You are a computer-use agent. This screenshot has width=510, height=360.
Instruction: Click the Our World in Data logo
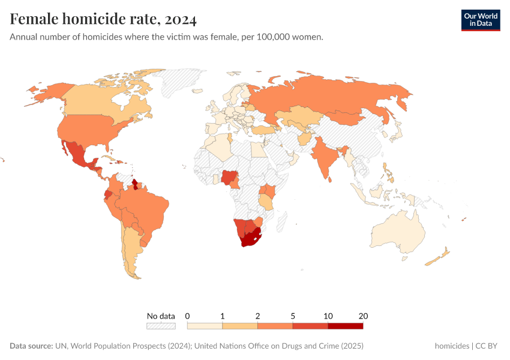tap(480, 20)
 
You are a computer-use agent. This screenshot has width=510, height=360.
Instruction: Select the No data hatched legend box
tap(161, 326)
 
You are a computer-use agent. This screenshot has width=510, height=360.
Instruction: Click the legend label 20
tap(362, 316)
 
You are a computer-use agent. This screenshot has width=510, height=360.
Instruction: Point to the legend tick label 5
tap(293, 316)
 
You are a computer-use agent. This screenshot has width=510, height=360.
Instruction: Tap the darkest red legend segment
tap(345, 326)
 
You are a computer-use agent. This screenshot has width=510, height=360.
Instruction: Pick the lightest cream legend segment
tap(205, 326)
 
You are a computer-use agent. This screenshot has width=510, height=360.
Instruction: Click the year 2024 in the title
tap(180, 20)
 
